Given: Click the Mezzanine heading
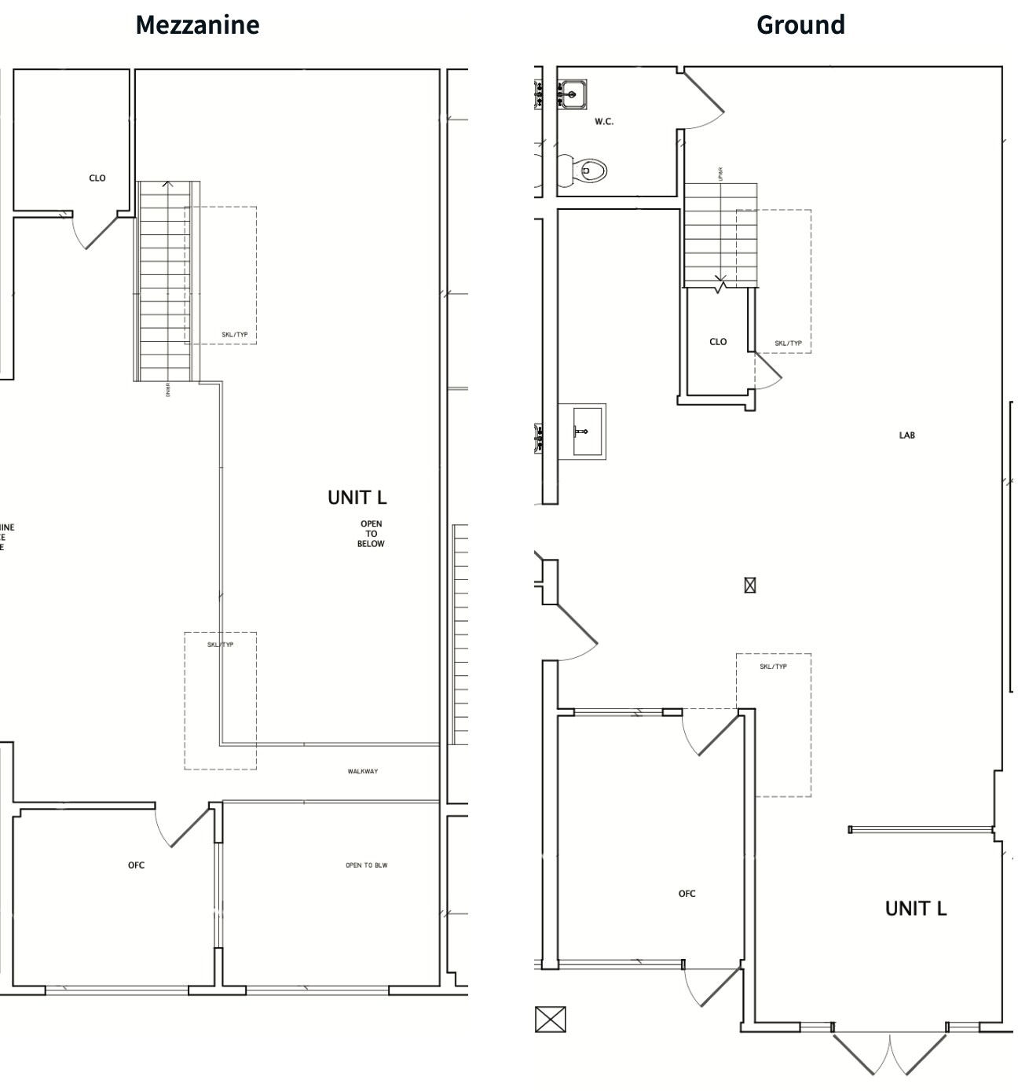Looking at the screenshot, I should tap(197, 24).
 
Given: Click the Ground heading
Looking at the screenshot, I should tap(800, 24).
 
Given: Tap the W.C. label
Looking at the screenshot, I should tap(604, 122).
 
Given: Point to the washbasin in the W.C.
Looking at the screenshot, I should tap(573, 94).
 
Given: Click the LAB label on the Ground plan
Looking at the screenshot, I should tap(907, 435).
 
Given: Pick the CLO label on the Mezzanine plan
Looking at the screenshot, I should tap(97, 178).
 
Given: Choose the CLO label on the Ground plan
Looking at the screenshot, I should tap(718, 342).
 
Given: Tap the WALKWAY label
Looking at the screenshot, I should tap(363, 771).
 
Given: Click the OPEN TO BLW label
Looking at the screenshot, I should tap(366, 865).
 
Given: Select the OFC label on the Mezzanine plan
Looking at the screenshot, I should tap(136, 865).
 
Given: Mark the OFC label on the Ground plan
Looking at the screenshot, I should tap(687, 894).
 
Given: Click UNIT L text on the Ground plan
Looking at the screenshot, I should tap(916, 909).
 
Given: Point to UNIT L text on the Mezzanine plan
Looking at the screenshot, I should tap(357, 498).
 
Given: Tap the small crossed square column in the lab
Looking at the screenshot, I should tap(750, 585).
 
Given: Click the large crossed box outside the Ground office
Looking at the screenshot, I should tap(550, 1019).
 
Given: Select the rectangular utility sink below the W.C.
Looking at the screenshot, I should tap(582, 431).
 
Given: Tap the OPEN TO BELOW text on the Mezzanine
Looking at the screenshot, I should tap(371, 534).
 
